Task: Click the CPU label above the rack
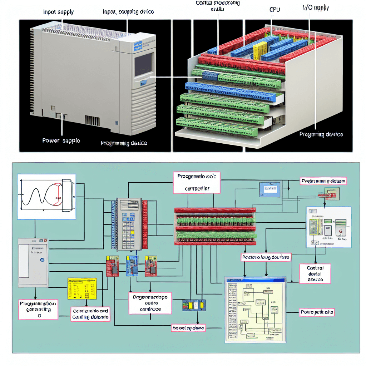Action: click(x=274, y=10)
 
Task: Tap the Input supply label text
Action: click(x=59, y=12)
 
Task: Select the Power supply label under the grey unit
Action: click(x=61, y=140)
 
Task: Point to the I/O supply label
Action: click(x=313, y=7)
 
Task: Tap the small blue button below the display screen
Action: click(x=144, y=83)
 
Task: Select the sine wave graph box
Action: click(x=46, y=196)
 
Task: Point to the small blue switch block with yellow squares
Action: click(x=194, y=306)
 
